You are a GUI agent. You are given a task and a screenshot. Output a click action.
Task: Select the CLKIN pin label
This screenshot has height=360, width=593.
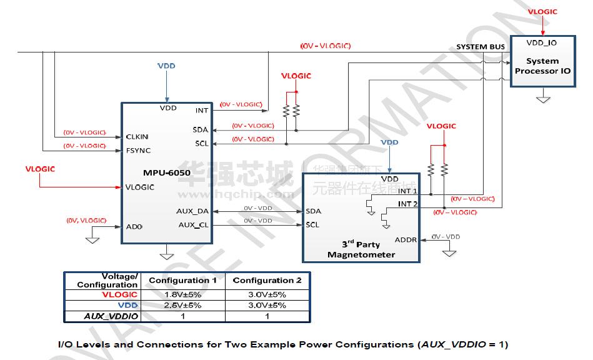pos(137,136)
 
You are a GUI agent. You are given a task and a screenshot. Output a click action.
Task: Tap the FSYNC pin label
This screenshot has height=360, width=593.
pos(138,151)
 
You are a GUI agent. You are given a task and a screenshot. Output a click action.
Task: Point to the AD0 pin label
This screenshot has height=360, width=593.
pos(134,227)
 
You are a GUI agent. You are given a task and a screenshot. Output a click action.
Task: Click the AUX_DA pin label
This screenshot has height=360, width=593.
pos(192,211)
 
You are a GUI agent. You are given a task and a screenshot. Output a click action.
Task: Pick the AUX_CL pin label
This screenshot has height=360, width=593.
pos(194,225)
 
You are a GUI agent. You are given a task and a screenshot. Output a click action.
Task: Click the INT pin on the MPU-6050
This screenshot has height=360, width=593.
pos(202,111)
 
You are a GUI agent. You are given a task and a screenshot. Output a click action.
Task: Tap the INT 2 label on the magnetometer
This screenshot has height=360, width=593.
pos(408,204)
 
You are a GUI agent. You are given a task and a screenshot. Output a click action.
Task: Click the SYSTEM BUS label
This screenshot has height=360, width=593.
pos(481,47)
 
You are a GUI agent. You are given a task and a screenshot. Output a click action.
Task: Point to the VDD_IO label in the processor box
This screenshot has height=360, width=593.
pos(542,43)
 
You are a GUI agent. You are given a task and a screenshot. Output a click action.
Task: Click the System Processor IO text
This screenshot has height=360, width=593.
pos(542,66)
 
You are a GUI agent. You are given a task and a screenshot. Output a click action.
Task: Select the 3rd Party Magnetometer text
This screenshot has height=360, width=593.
pos(361,249)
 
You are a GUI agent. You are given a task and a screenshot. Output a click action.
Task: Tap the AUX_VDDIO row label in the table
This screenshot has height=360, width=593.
pos(111,316)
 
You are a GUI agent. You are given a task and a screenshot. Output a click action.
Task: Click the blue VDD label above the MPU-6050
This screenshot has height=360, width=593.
pos(166,66)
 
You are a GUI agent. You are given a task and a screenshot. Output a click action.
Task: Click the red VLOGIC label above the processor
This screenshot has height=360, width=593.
pos(542,12)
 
